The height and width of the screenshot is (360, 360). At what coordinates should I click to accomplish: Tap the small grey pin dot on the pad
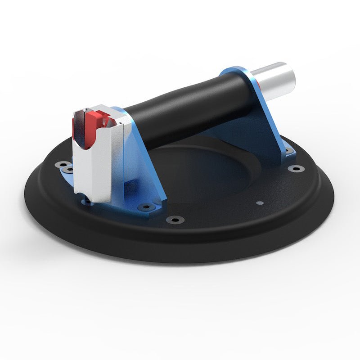(258, 203)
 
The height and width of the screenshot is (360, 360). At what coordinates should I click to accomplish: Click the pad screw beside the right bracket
(296, 168)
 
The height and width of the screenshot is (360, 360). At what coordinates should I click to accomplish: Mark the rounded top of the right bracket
(234, 72)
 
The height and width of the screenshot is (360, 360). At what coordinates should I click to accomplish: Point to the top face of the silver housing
(108, 111)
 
